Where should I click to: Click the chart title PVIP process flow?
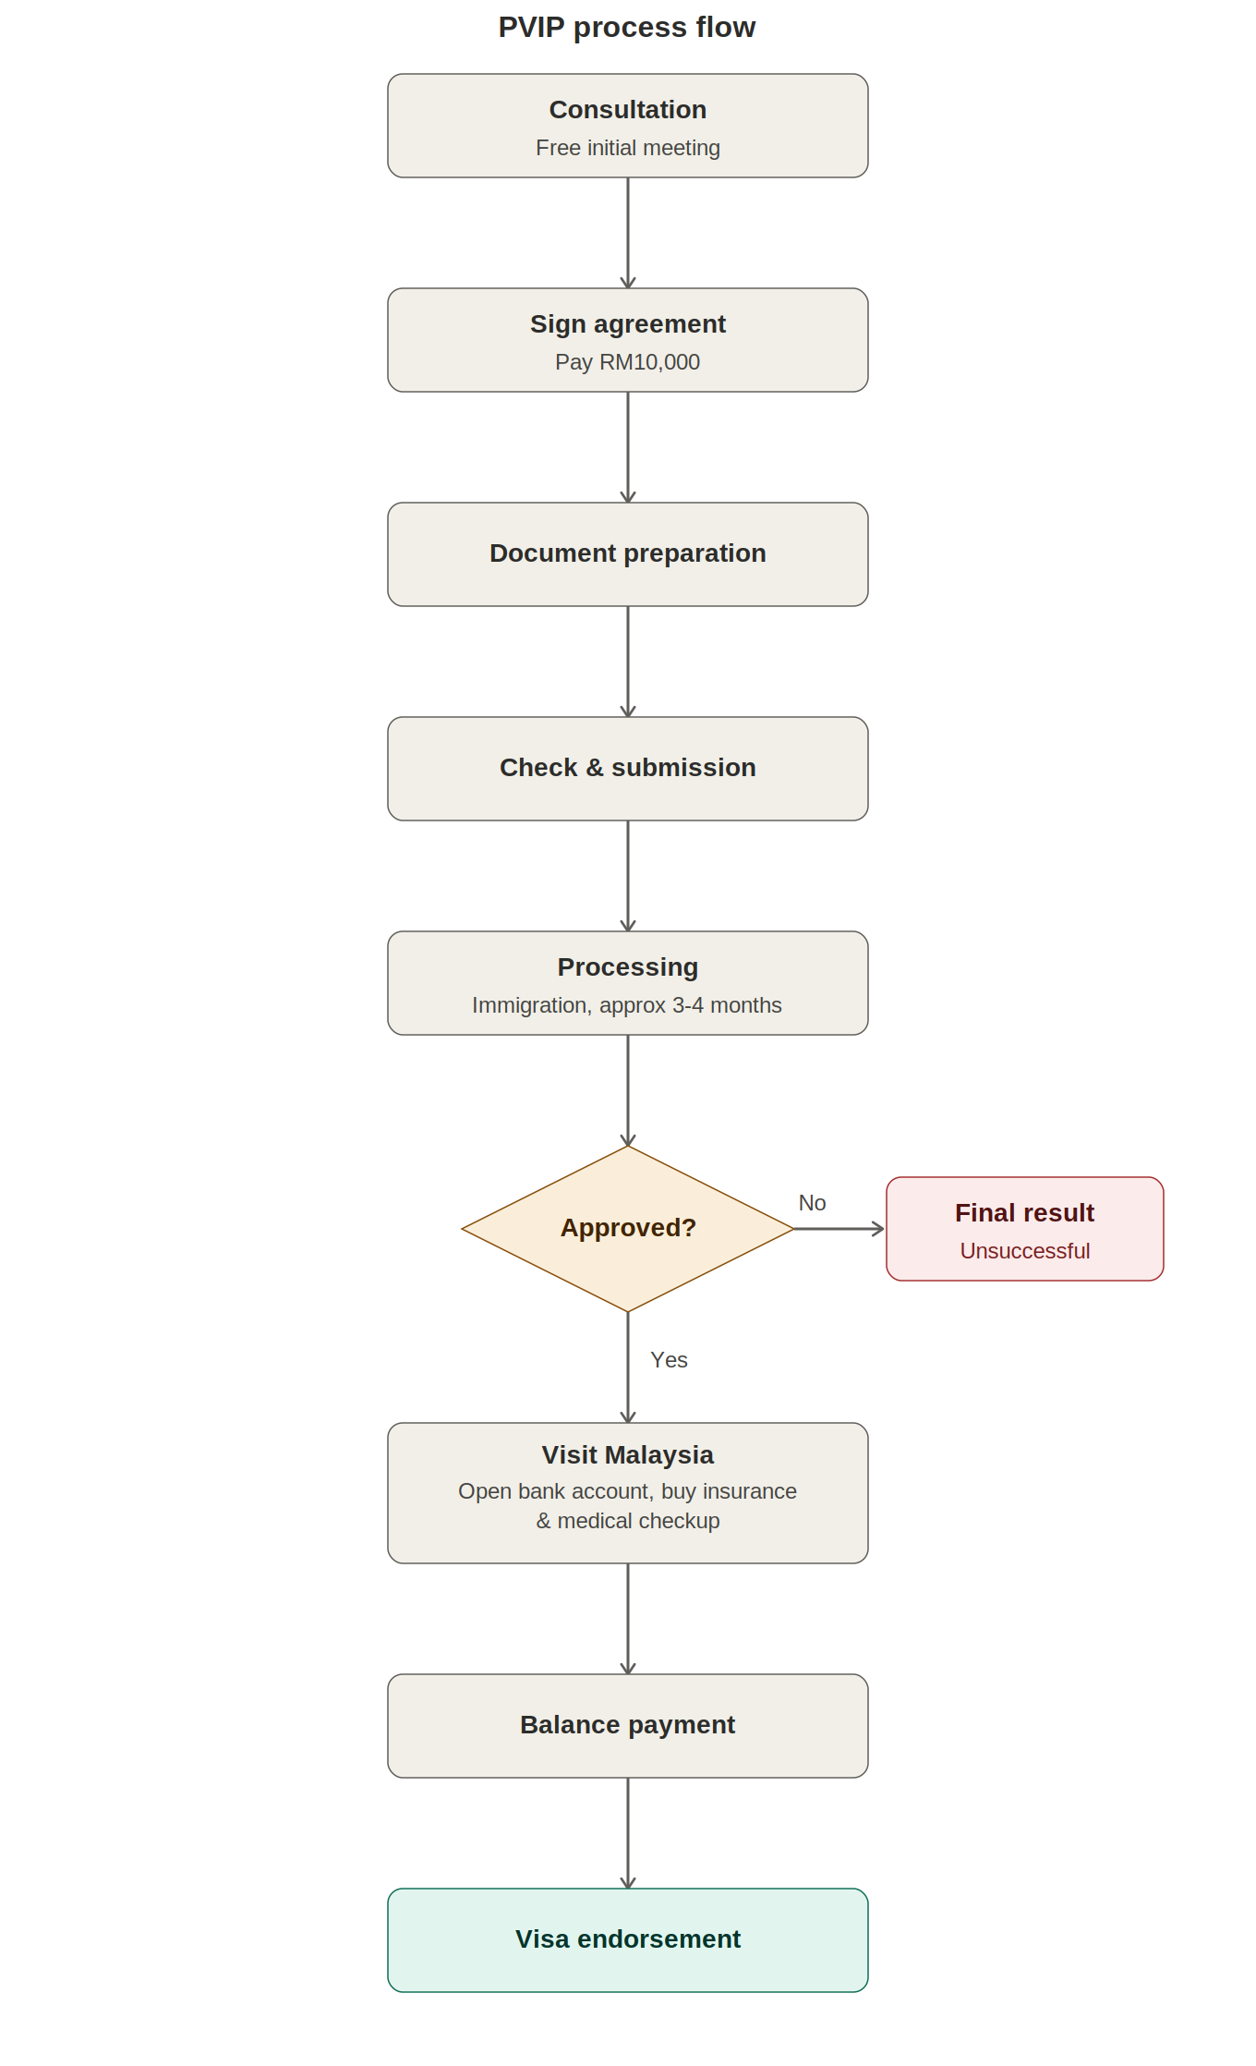[627, 28]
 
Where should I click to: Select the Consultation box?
[628, 126]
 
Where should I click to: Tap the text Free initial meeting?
[628, 148]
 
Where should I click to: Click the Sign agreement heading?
[628, 324]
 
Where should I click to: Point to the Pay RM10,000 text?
[628, 362]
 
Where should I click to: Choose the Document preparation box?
[628, 554]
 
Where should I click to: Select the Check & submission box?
[628, 769]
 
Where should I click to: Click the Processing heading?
[628, 967]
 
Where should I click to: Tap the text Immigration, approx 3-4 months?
[627, 1005]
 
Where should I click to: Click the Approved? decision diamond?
[628, 1229]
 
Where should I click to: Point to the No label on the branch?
[813, 1203]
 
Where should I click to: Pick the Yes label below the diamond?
[670, 1360]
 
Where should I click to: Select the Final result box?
[1025, 1229]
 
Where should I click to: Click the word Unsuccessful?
[1025, 1251]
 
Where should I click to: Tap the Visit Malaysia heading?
[628, 1455]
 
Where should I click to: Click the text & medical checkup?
[628, 1521]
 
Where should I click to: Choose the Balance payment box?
[628, 1726]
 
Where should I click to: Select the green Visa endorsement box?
[628, 1940]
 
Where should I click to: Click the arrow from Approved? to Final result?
[839, 1229]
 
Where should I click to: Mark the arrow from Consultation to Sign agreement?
[628, 233]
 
